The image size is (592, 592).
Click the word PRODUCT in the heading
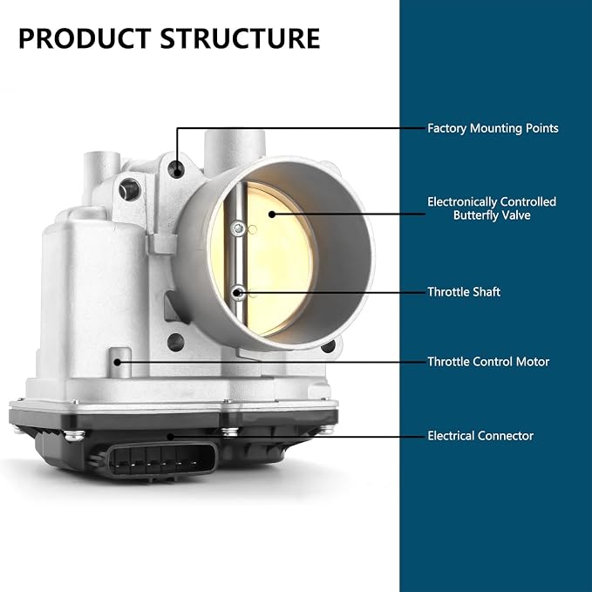point(85,38)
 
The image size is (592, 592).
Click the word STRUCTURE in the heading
point(240,38)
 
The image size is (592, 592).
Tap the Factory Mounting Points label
point(493,128)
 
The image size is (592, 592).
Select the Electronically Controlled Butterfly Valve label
point(492,208)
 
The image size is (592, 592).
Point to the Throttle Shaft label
point(464,292)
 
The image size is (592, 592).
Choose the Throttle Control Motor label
point(487,362)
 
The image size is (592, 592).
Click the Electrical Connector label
point(480,436)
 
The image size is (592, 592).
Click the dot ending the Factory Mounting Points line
point(177,172)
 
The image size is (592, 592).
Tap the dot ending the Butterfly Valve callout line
point(272,214)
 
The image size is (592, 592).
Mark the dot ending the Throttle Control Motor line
point(118,362)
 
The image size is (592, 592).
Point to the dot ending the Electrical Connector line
point(170,437)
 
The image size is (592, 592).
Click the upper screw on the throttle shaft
point(238,228)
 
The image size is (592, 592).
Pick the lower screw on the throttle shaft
point(237,292)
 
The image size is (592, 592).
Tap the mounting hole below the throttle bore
point(175,342)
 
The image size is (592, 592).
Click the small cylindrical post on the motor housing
point(120,363)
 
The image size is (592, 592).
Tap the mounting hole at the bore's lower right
point(329,346)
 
